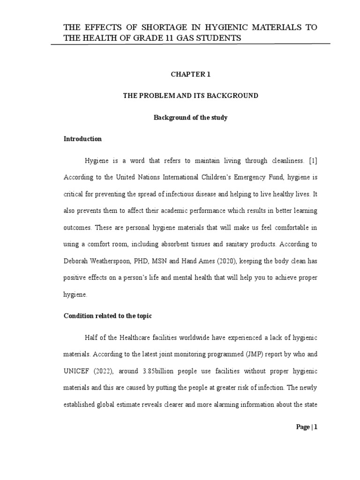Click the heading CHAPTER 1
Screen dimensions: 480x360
click(x=190, y=74)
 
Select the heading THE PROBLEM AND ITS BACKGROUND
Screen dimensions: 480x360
click(x=190, y=96)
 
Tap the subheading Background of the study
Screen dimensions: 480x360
click(x=190, y=118)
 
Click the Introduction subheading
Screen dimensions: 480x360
click(x=82, y=139)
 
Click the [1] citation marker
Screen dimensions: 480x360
click(x=313, y=160)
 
